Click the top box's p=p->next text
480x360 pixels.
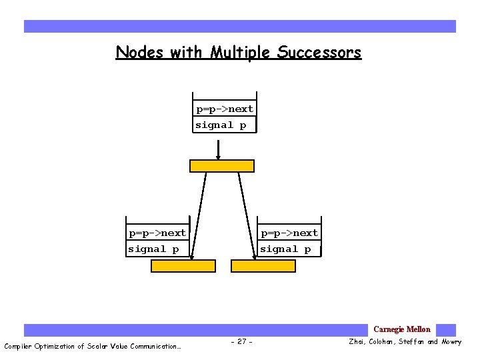coord(224,109)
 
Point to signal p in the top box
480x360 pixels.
coord(221,125)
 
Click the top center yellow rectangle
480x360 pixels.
coord(221,166)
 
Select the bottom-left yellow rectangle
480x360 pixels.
coord(183,266)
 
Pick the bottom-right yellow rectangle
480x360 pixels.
coord(263,266)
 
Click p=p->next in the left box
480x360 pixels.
coord(157,233)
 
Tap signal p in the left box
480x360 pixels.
coord(154,249)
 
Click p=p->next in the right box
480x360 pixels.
coord(289,233)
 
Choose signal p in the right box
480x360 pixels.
coord(285,249)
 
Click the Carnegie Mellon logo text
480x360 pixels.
coord(402,329)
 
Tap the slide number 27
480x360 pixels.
coord(241,342)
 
